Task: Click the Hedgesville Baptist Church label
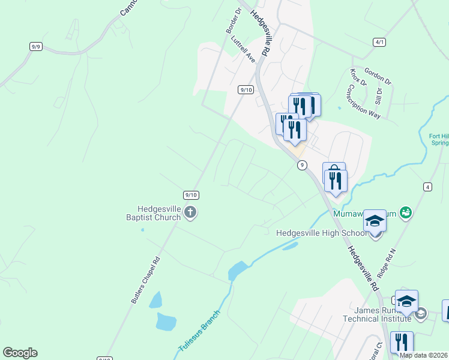[x=152, y=212]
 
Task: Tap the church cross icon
[x=190, y=212]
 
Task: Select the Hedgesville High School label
[x=320, y=233]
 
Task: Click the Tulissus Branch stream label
[x=199, y=331]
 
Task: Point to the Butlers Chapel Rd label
[x=146, y=280]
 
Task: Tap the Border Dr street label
[x=233, y=20]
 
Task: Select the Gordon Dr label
[x=377, y=75]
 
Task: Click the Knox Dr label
[x=358, y=78]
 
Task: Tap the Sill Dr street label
[x=378, y=95]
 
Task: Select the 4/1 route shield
[x=379, y=42]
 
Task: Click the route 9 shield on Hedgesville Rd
[x=302, y=165]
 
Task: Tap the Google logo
[x=20, y=353]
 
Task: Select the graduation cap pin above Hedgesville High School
[x=375, y=221]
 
